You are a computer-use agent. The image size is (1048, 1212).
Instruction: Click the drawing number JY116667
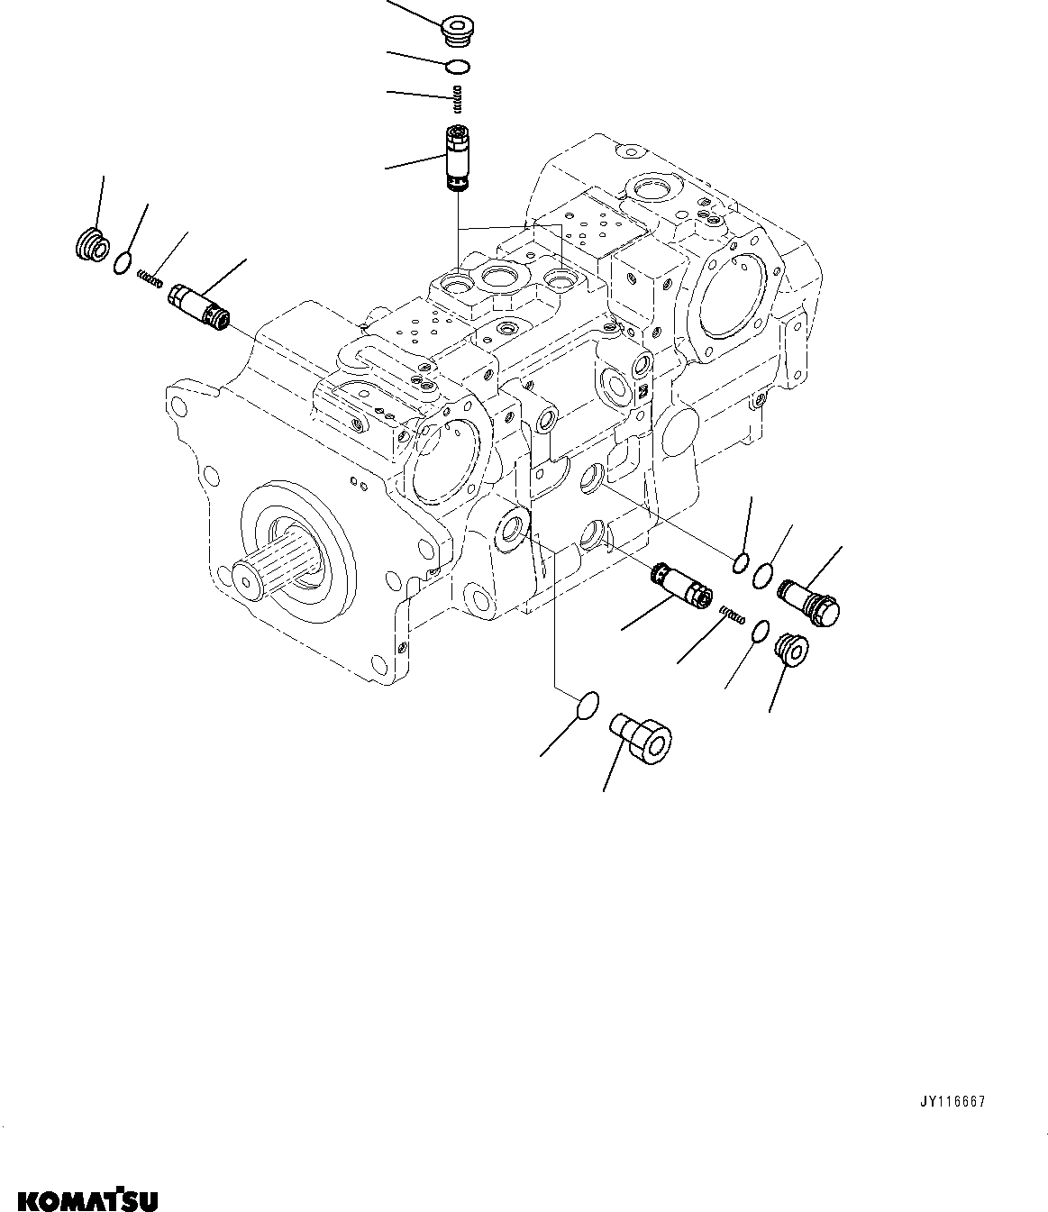[952, 1102]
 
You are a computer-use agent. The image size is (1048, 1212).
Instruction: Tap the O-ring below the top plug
[459, 65]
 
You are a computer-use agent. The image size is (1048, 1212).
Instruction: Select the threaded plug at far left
[90, 245]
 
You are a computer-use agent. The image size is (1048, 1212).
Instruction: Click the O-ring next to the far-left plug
[124, 262]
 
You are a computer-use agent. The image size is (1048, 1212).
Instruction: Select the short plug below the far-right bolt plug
[791, 650]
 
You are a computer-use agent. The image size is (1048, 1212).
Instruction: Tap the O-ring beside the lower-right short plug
[760, 633]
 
